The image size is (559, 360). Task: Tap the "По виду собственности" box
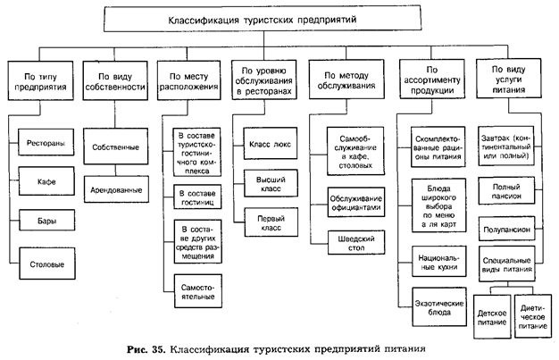[113, 81]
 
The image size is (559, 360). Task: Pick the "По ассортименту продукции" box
[432, 81]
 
